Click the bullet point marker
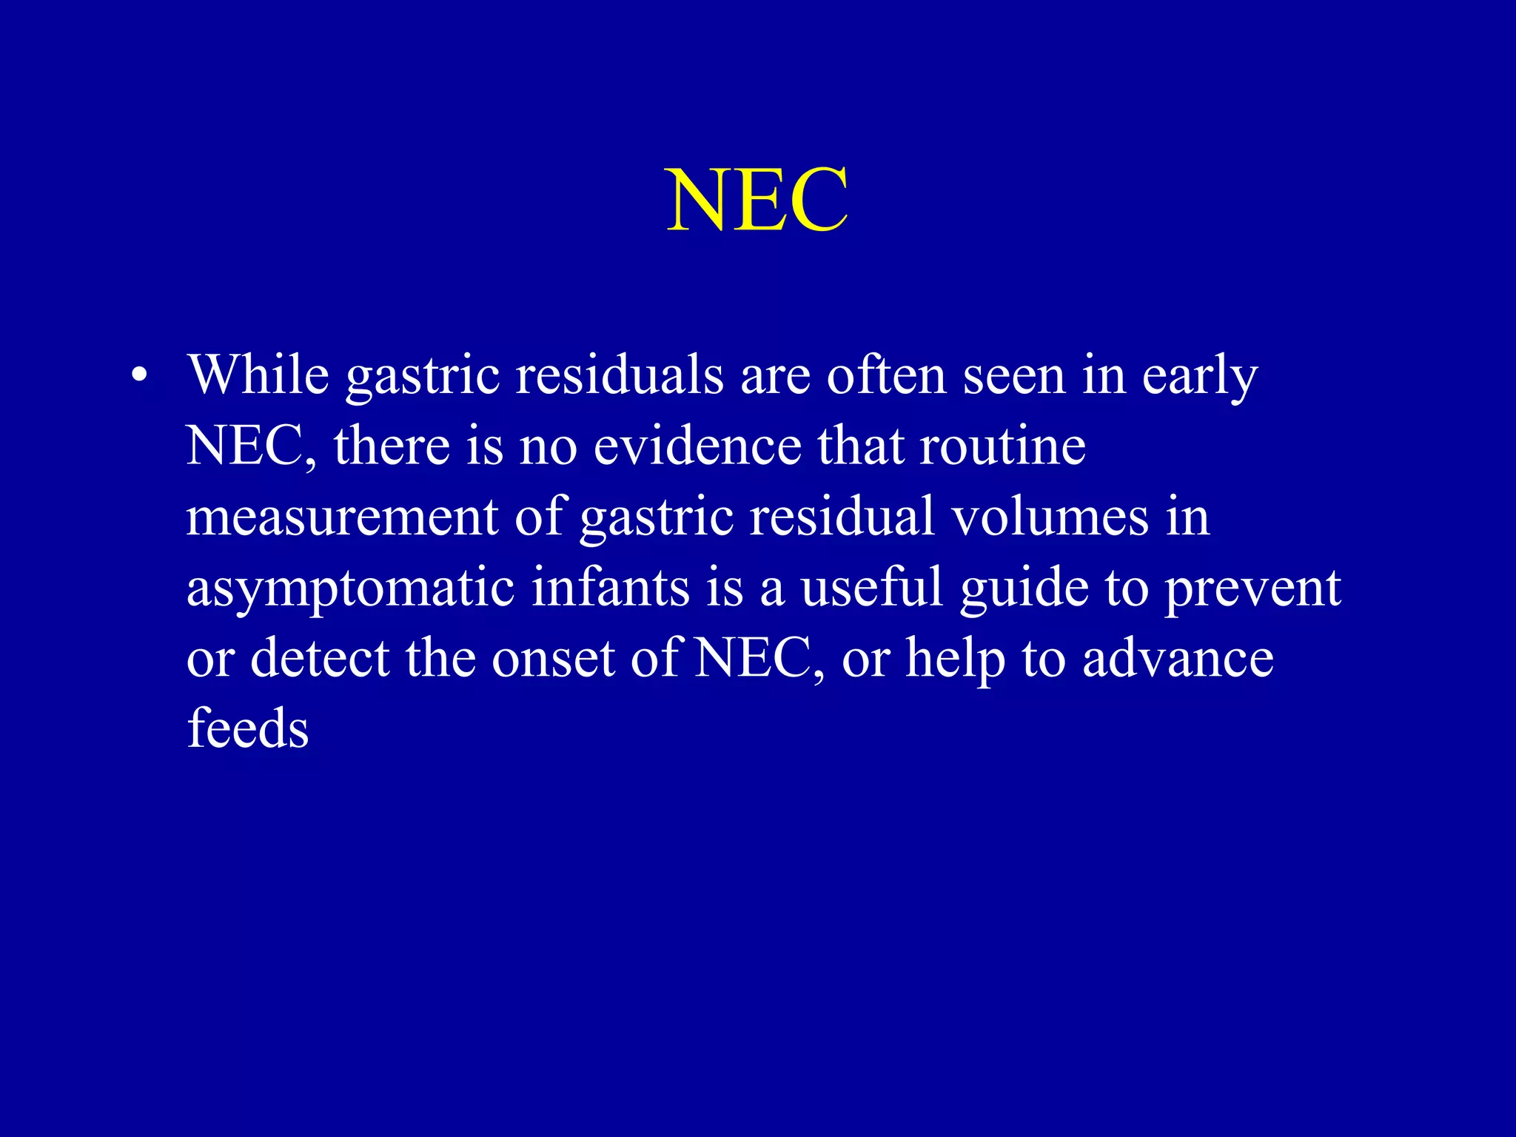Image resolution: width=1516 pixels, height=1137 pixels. pyautogui.click(x=138, y=376)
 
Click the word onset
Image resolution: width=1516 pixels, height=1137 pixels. pyautogui.click(x=553, y=659)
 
